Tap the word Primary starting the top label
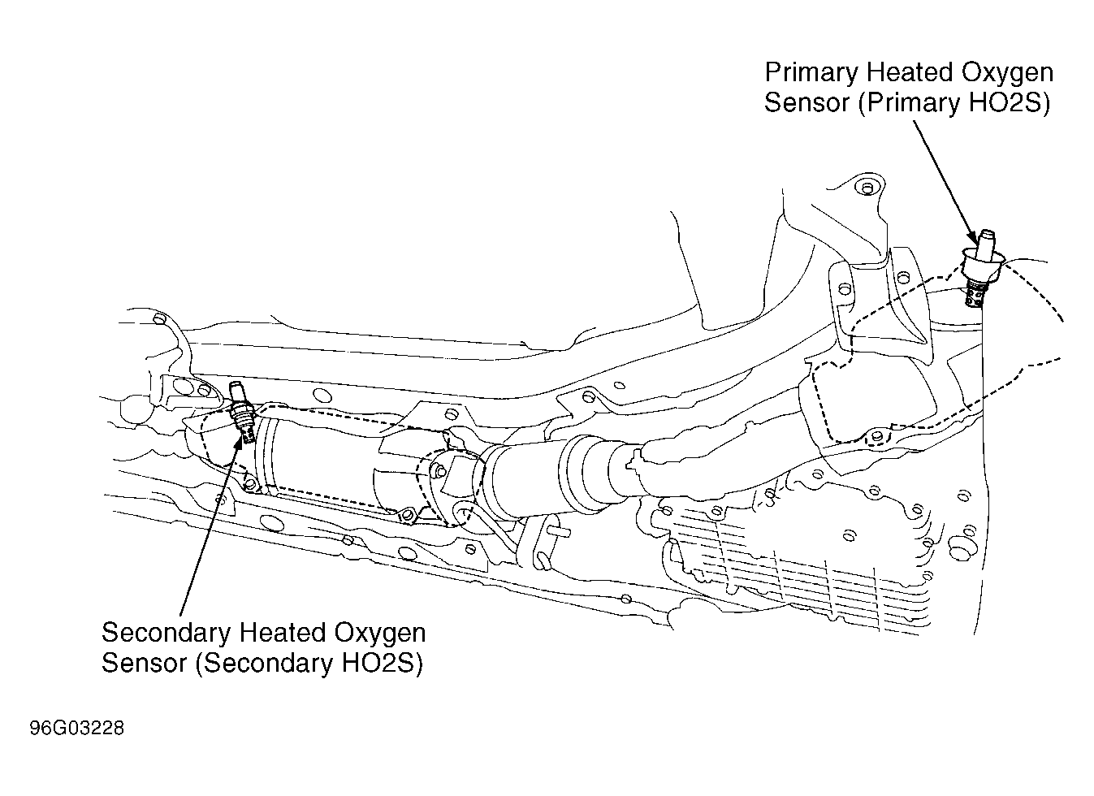click(811, 73)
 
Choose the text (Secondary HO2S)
click(309, 663)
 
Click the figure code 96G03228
click(77, 729)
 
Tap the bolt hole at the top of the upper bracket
click(867, 188)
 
